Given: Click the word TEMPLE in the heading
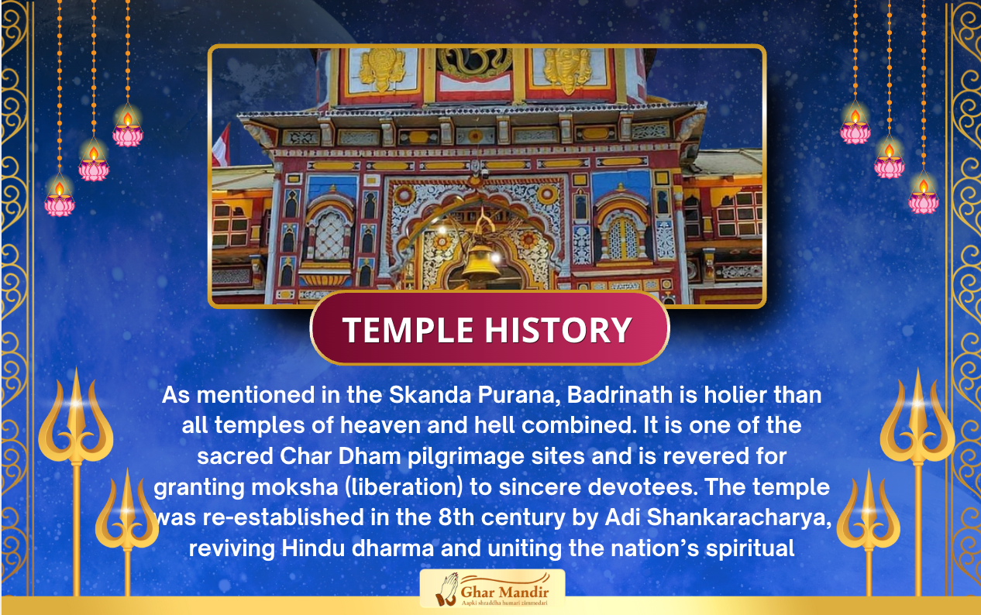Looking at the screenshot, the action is [x=408, y=330].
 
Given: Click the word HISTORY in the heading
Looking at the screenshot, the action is [x=558, y=330].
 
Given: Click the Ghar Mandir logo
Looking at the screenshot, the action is [x=492, y=589].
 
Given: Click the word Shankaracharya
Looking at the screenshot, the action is [x=738, y=517].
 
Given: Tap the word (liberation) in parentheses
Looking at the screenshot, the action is [x=404, y=488].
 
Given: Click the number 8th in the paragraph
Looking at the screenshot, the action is [x=456, y=517].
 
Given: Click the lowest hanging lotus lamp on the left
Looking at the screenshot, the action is [x=59, y=199].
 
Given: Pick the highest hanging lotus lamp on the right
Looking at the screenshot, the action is [x=855, y=127].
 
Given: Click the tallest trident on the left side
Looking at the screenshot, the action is [x=76, y=482].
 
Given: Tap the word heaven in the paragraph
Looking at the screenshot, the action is [x=380, y=425].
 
